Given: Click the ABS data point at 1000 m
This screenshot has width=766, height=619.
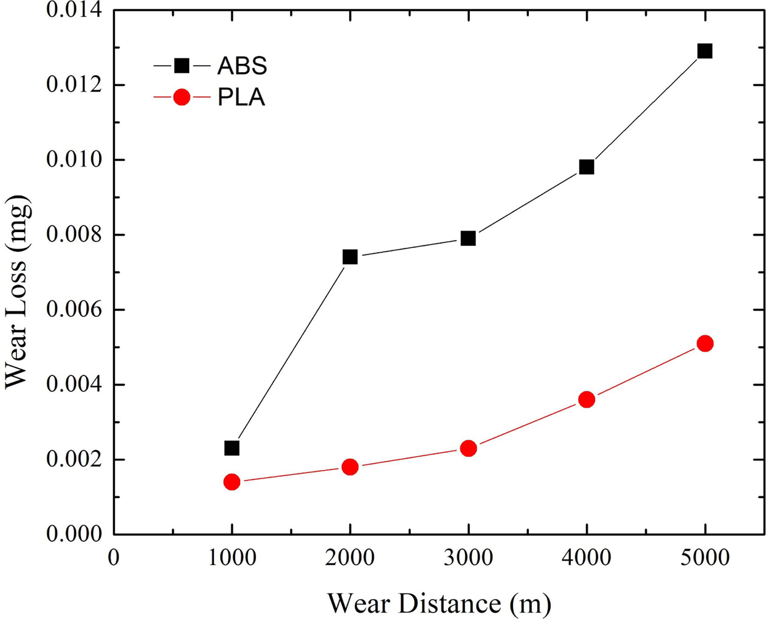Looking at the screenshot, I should pos(232,448).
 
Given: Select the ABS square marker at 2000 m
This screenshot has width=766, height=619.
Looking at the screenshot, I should pos(350,257).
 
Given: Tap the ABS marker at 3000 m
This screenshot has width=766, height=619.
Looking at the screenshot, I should pos(468,238).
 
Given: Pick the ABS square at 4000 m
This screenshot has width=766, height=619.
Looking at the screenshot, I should pos(586,167).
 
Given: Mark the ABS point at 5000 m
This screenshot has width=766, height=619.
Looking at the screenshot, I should pos(705,51).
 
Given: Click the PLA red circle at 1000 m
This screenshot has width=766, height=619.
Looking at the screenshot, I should pos(232,482).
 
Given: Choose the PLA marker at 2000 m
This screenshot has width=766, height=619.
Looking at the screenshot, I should pos(350,467).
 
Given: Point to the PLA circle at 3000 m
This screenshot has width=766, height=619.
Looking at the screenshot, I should pos(468,448).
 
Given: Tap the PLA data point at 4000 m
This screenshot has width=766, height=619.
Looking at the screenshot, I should pos(586,400).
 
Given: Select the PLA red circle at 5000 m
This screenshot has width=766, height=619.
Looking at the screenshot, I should pos(705,344).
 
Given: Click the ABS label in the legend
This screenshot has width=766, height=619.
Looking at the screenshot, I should pos(242,66).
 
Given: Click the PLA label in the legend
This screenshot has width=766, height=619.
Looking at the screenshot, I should pos(241,98).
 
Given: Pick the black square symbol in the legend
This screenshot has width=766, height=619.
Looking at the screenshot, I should pos(182,66).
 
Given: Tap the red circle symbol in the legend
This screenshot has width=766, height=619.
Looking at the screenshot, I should pos(182,97).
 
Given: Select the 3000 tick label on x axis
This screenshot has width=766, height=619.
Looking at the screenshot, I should pos(468,557).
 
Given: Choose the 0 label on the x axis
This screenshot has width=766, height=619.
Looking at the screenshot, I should pos(114,557).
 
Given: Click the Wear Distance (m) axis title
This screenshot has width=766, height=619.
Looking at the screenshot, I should pos(439,603).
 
